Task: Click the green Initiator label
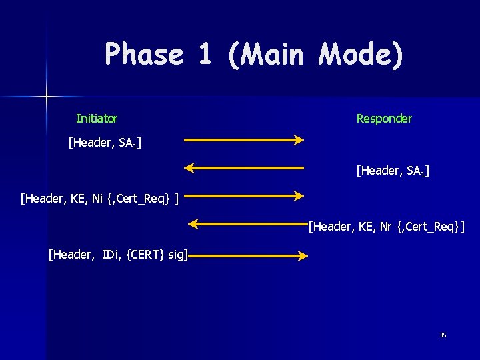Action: point(97,119)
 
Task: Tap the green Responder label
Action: point(384,119)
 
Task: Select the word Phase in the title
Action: point(144,54)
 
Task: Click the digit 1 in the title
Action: point(205,54)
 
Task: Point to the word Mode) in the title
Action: point(361,55)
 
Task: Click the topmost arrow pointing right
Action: point(244,140)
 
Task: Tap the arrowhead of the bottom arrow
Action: point(303,255)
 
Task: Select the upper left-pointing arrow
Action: point(244,167)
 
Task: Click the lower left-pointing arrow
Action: point(247,224)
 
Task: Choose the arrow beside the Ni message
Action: point(244,195)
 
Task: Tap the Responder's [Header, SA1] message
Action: point(393,171)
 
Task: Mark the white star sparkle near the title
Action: point(47,97)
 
